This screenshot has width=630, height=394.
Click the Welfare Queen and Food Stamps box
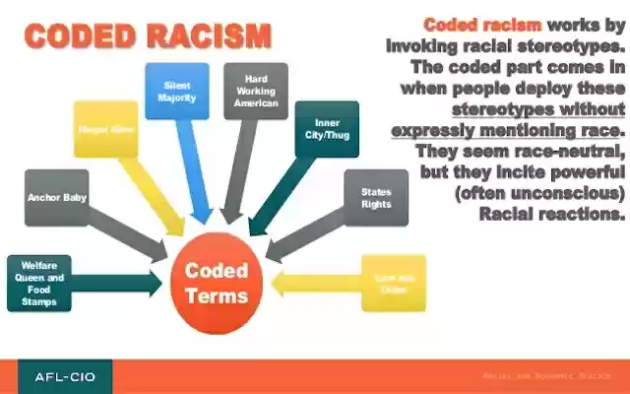(38, 284)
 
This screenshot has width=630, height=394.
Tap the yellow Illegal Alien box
(105, 129)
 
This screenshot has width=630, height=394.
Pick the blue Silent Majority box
(177, 92)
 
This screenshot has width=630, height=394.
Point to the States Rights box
(376, 197)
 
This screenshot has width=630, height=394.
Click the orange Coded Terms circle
(218, 284)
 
